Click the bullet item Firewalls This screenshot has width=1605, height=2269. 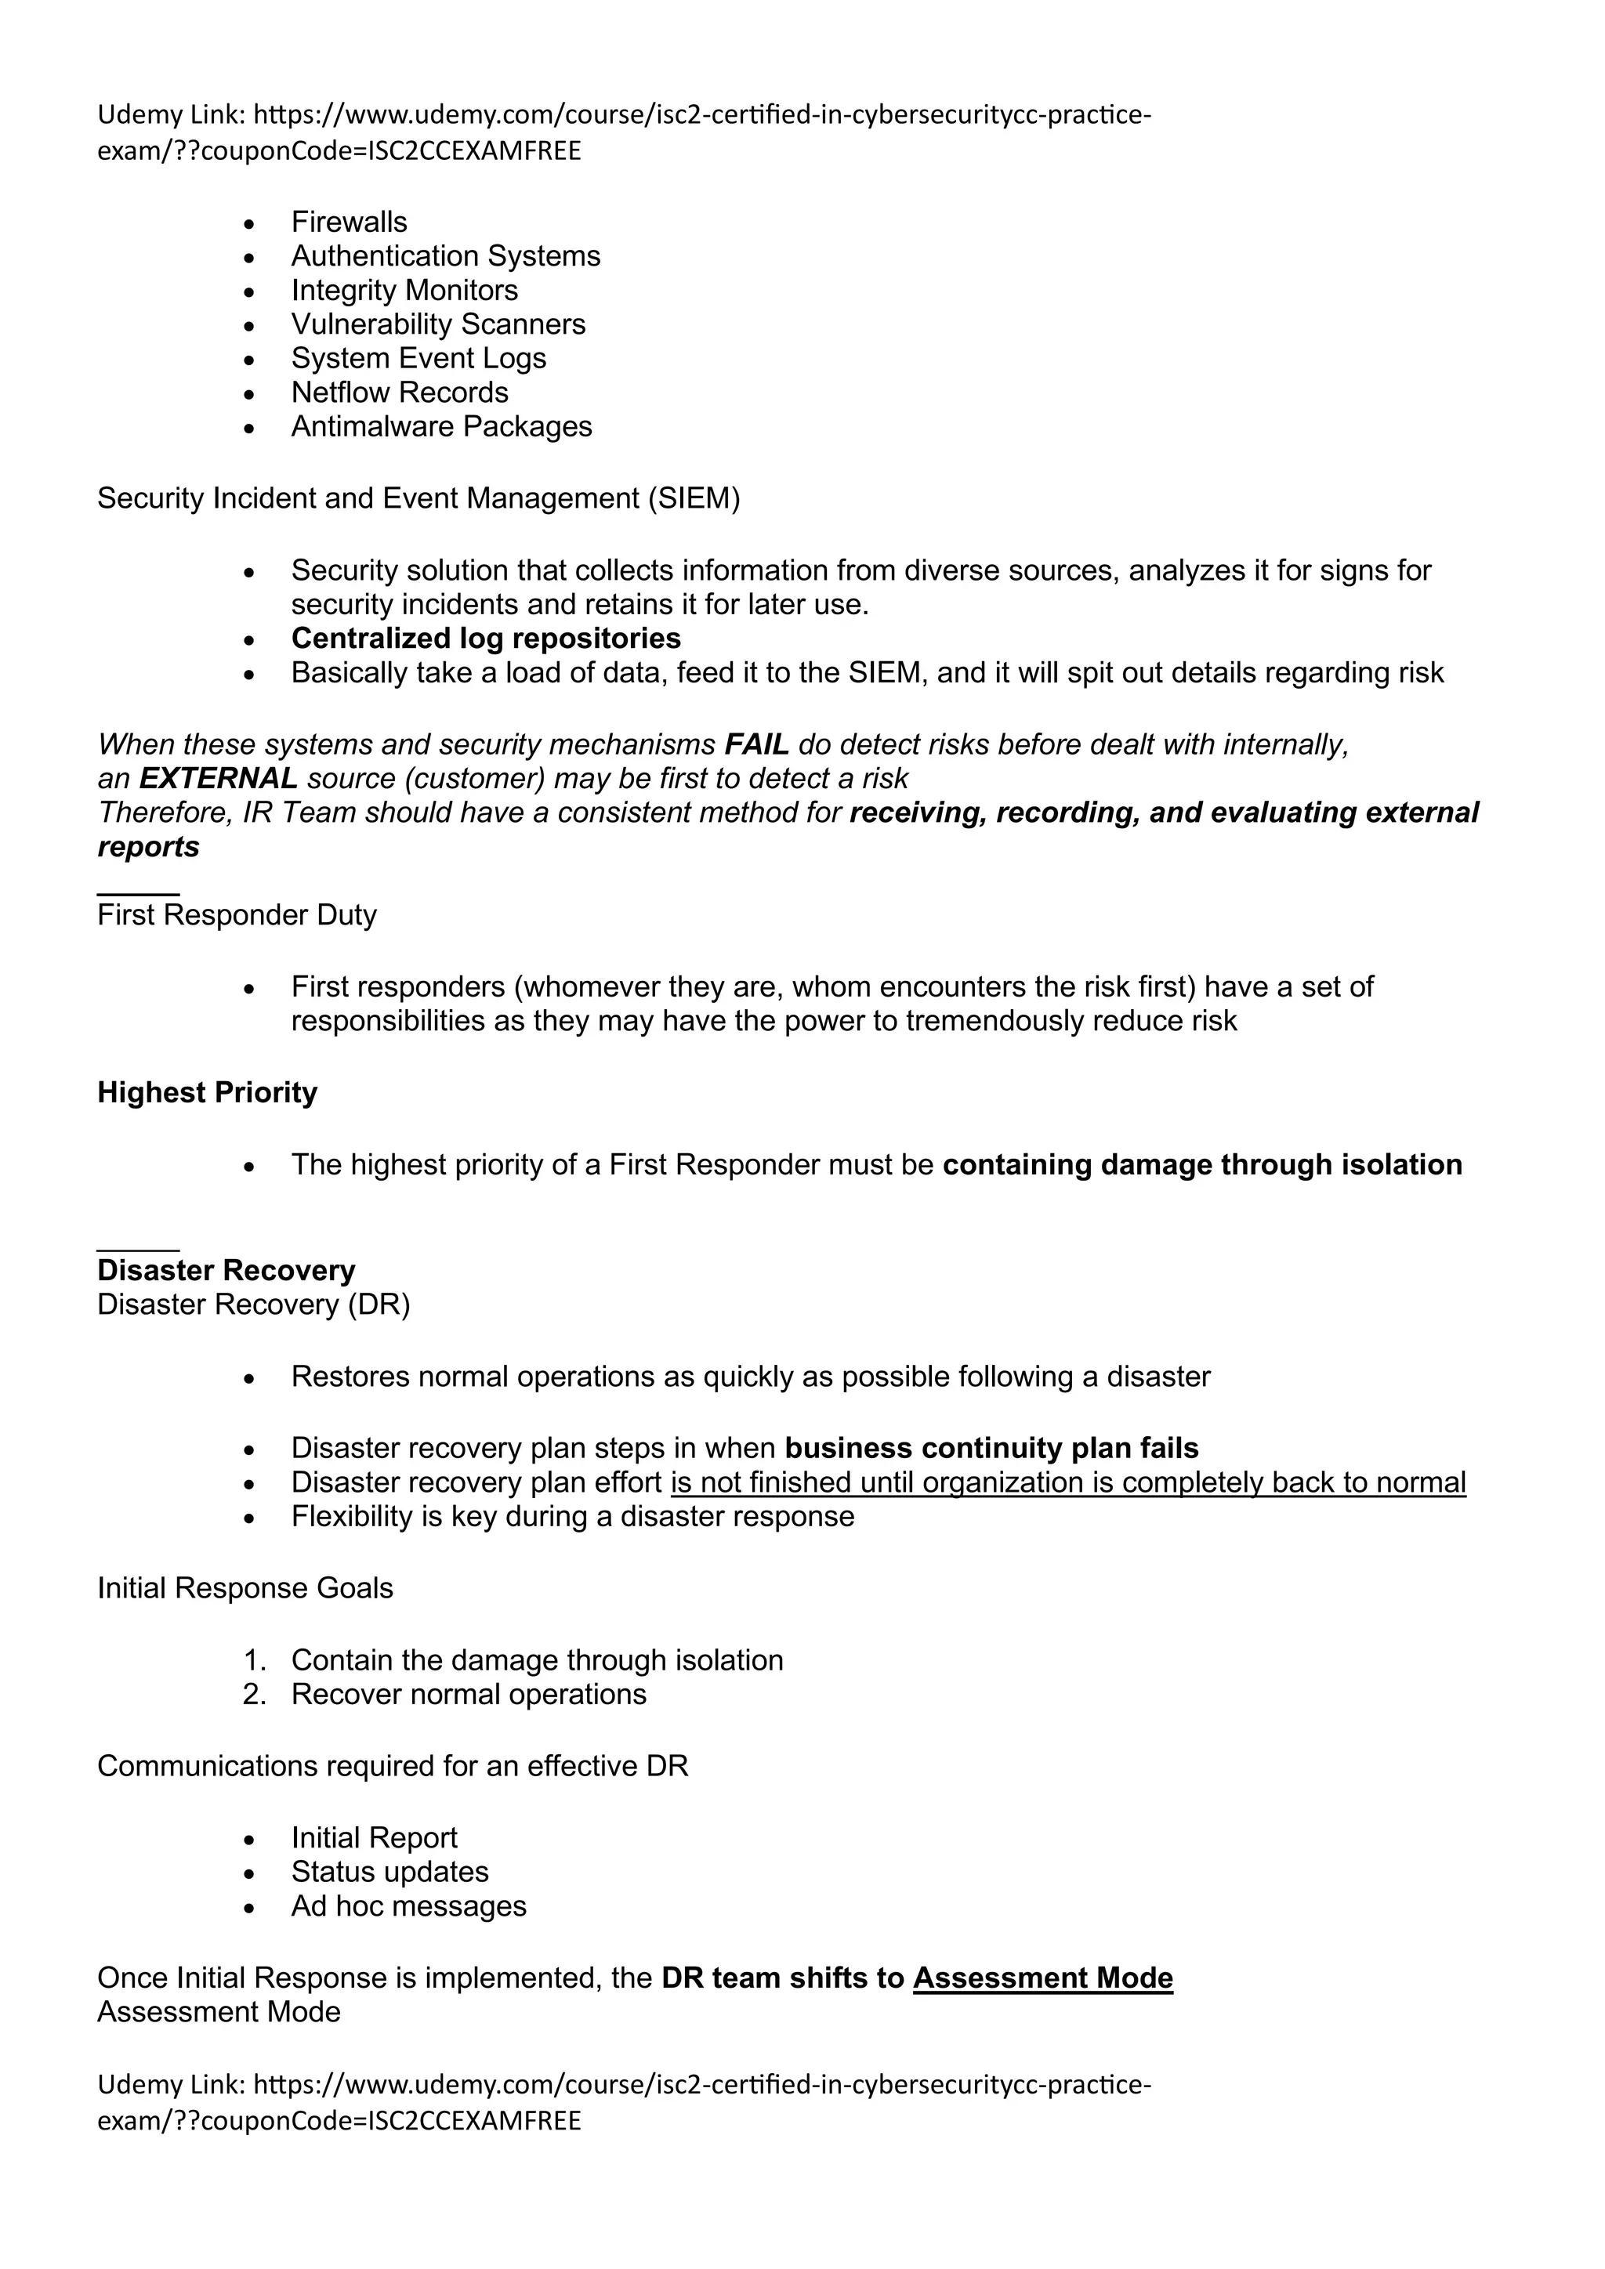[349, 223]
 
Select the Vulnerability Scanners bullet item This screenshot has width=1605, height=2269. [438, 324]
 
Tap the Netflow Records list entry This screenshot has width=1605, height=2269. [399, 393]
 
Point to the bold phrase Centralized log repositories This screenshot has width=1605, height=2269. [485, 639]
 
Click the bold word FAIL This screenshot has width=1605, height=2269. [756, 744]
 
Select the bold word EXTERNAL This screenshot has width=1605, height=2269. [217, 779]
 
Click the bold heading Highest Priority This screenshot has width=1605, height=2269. [207, 1093]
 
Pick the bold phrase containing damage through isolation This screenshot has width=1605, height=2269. [1201, 1165]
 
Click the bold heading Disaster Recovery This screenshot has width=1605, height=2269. [226, 1271]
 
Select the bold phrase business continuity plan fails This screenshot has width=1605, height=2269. [991, 1449]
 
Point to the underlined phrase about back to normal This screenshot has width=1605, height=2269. [1067, 1482]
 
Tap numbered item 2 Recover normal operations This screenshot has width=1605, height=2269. [469, 1694]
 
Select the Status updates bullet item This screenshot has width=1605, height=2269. [389, 1872]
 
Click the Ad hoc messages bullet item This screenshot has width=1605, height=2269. [408, 1905]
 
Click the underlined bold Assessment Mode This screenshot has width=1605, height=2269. [1042, 1978]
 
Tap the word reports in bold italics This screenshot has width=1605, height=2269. [148, 847]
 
